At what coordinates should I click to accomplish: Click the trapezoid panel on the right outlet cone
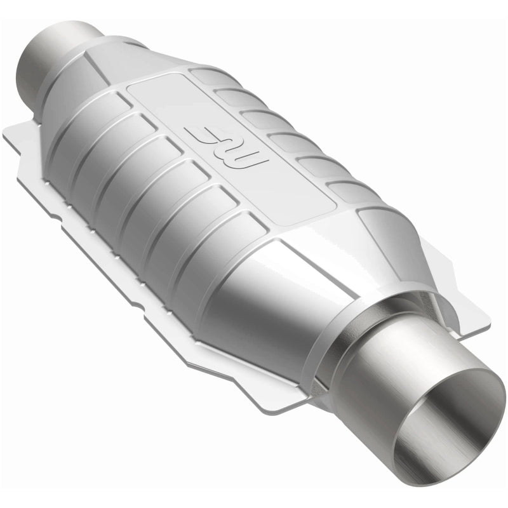[387, 235]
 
